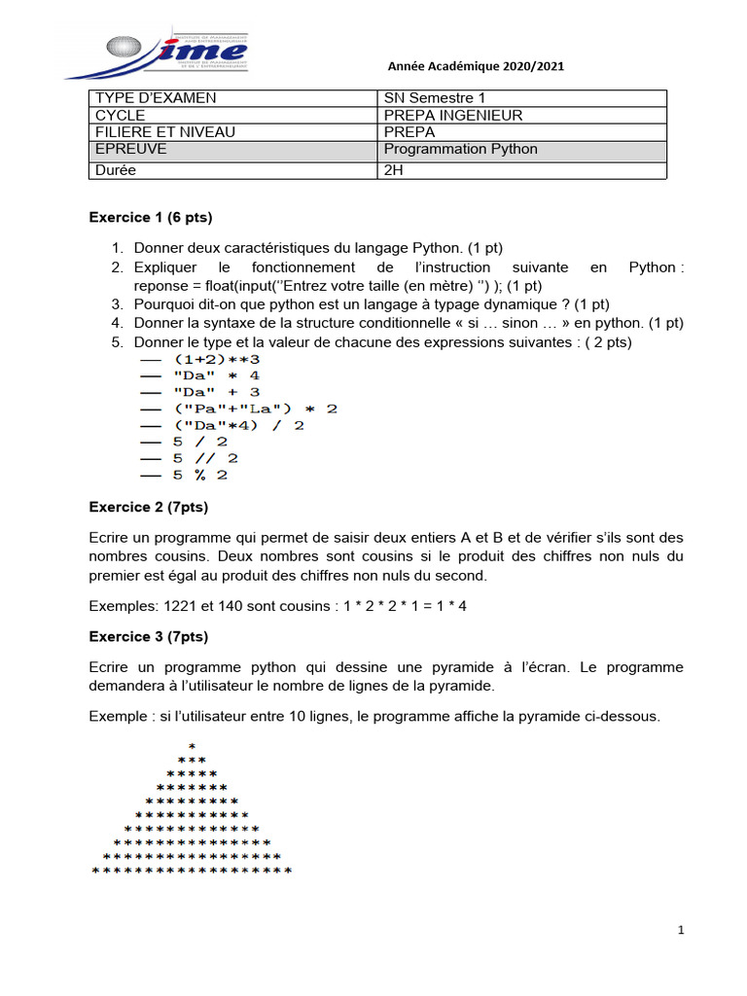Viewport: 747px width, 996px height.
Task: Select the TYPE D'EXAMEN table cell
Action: [156, 98]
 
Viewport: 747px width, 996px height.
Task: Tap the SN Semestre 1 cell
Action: [434, 98]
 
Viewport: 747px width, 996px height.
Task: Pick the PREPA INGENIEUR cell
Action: [453, 116]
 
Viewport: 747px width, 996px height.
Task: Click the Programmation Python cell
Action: [461, 150]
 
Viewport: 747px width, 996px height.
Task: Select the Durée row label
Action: [116, 170]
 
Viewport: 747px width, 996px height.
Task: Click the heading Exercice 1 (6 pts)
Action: [151, 216]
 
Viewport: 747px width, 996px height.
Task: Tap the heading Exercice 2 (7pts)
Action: [149, 507]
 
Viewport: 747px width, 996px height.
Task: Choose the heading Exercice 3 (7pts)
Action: [149, 637]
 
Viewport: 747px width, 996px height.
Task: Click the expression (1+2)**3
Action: [213, 359]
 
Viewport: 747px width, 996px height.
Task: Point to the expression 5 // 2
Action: [205, 458]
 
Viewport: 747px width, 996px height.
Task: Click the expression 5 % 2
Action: [200, 475]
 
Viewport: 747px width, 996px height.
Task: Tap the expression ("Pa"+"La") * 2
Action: [253, 409]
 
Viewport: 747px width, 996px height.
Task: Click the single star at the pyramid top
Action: [192, 746]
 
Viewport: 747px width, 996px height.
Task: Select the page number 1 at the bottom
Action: [681, 931]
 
